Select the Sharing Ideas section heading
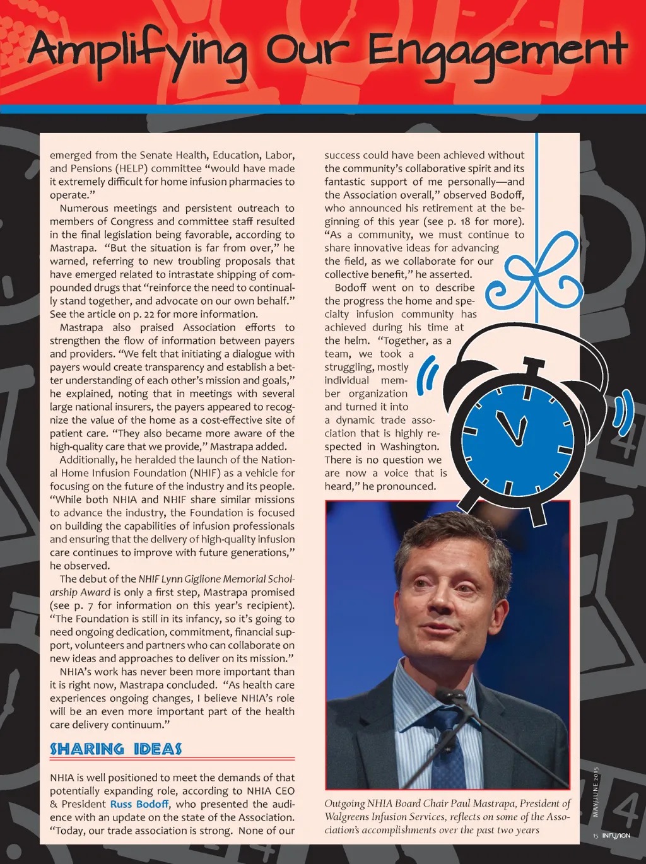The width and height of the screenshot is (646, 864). point(115,749)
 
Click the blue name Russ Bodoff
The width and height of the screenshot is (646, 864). point(139,804)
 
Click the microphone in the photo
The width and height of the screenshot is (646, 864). point(448,698)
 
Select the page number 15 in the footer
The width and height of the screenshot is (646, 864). point(595,836)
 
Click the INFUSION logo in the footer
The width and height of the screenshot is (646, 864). point(616,836)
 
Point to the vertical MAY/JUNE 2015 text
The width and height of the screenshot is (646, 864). point(595,792)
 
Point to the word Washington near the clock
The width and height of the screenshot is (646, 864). point(409,447)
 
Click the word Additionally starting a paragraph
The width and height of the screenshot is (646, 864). point(88,460)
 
